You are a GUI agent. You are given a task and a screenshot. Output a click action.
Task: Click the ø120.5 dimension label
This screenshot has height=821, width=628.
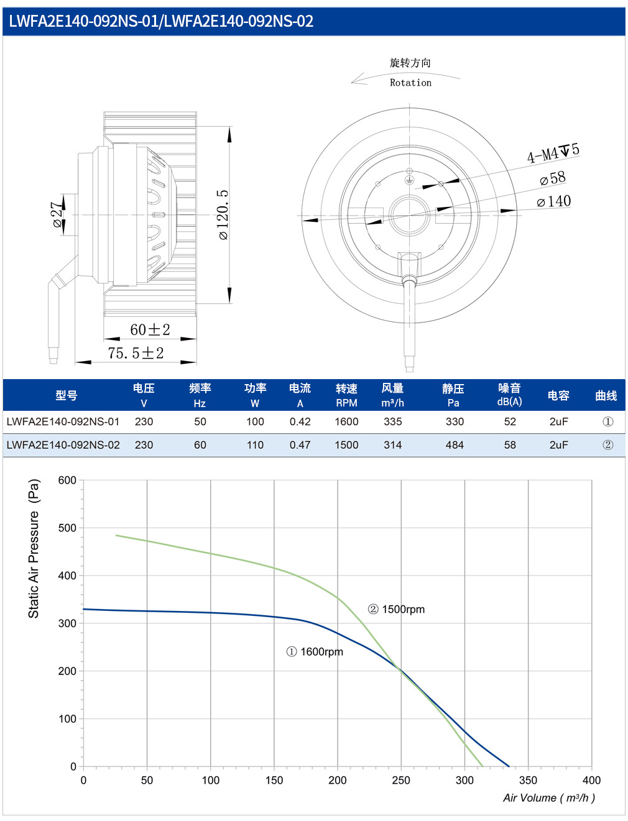pyautogui.click(x=223, y=214)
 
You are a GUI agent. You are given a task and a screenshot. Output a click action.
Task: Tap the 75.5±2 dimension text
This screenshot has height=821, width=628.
pyautogui.click(x=136, y=353)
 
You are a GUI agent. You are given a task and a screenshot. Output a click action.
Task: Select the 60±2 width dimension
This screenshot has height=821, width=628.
pyautogui.click(x=150, y=329)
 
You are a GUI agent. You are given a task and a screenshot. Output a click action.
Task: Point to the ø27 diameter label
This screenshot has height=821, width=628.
pyautogui.click(x=57, y=214)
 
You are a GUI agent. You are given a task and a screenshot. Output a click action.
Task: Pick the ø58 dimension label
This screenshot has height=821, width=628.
pyautogui.click(x=552, y=179)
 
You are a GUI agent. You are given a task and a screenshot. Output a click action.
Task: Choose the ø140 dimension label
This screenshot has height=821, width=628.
pyautogui.click(x=553, y=201)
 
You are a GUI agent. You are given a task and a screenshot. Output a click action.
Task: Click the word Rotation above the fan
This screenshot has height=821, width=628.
pyautogui.click(x=410, y=82)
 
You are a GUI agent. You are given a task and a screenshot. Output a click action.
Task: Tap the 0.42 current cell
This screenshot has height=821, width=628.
pyautogui.click(x=300, y=421)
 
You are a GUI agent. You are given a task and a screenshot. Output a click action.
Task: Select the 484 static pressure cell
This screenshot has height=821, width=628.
pyautogui.click(x=455, y=445)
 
